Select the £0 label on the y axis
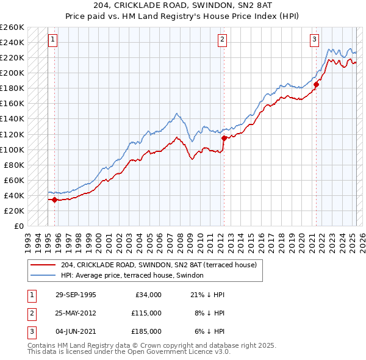coord(18,226)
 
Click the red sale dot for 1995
coord(55,200)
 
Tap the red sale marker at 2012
coord(224,138)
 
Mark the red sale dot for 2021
coord(316,84)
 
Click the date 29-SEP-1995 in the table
coord(75,295)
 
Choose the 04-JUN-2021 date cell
coord(75,331)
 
